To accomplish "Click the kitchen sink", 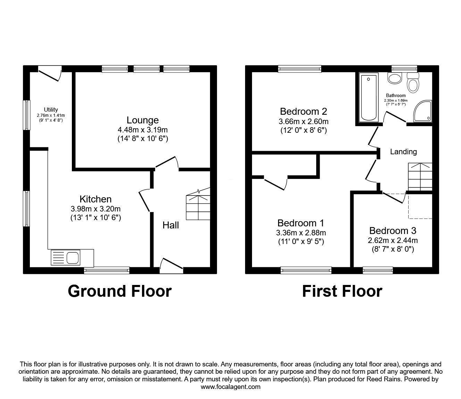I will (73, 258).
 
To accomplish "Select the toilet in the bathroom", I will (412, 83).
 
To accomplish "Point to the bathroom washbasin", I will (394, 78).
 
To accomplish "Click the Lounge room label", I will (142, 120).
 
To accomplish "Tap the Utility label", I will (51, 110).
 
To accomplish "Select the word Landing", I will (403, 151).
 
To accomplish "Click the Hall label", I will (171, 225).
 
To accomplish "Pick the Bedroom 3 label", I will (393, 231).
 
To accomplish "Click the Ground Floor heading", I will (119, 291).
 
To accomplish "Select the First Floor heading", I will (342, 291).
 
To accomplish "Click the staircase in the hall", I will (198, 206).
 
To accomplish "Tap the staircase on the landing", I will (420, 176).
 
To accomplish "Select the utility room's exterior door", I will (49, 73).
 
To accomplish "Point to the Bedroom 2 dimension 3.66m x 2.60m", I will (303, 122).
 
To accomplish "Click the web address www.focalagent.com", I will (230, 387).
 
